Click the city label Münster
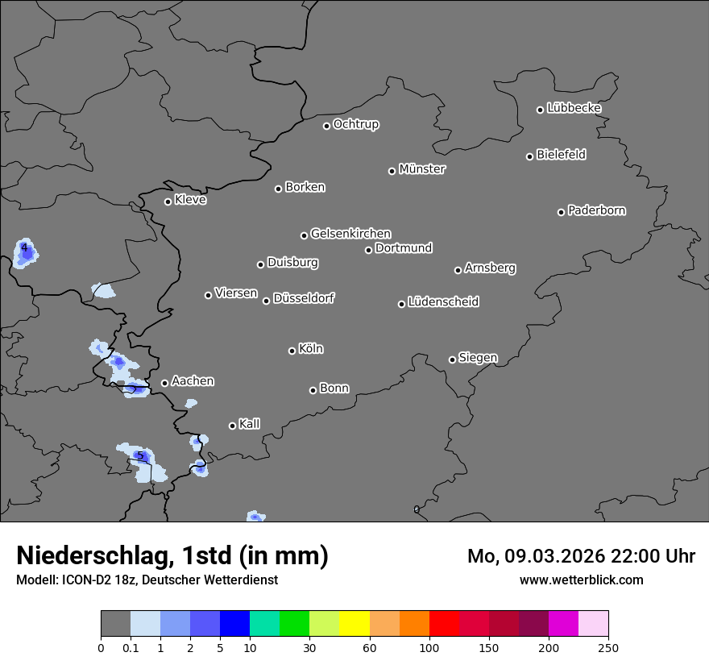point(422,169)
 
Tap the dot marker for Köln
point(292,351)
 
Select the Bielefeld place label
point(561,155)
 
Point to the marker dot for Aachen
point(165,383)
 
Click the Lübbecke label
point(574,108)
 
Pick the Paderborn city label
point(596,210)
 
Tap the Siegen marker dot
point(452,359)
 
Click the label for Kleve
point(190,200)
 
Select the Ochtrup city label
point(356,124)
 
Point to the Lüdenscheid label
point(443,302)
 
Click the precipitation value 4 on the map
point(25,247)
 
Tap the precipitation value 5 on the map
point(140,456)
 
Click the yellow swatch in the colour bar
point(354,624)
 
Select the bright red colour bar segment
point(444,624)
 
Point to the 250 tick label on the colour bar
point(607,647)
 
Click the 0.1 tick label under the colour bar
point(131,647)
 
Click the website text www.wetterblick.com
point(581,580)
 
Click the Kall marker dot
point(233,426)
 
